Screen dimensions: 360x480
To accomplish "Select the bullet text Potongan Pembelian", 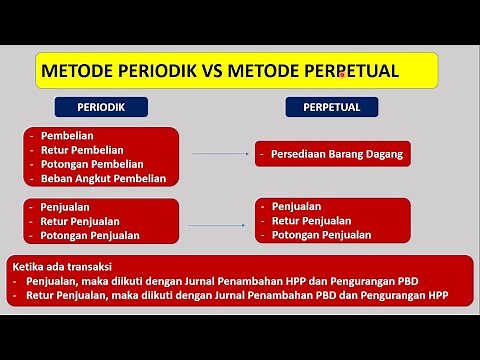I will [x=93, y=164].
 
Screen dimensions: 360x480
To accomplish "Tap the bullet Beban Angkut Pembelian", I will [x=104, y=178].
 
